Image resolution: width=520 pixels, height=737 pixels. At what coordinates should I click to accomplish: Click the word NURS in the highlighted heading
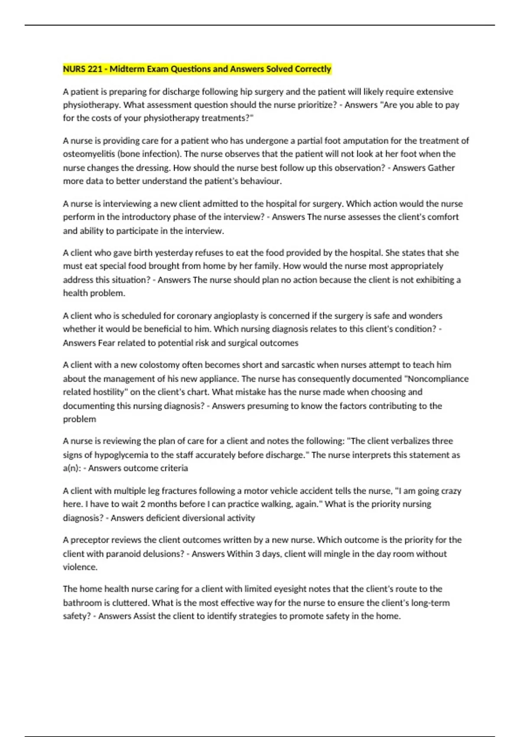tap(74, 69)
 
